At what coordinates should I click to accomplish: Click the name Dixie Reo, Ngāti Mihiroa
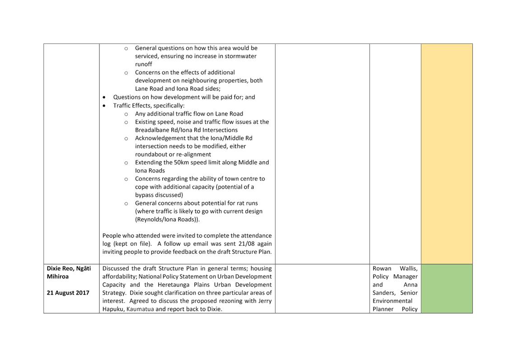(x=69, y=272)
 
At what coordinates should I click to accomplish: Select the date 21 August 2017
(x=68, y=293)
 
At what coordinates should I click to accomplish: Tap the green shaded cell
(x=446, y=288)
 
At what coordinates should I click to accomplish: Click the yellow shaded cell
(x=446, y=154)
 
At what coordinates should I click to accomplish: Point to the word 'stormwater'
(x=241, y=56)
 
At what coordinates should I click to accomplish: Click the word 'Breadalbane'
(x=154, y=130)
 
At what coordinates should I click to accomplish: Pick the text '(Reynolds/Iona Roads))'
(x=167, y=220)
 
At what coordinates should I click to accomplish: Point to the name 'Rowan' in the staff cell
(x=382, y=268)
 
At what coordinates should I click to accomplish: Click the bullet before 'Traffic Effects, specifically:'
(x=105, y=106)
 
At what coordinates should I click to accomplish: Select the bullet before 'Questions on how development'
(x=105, y=98)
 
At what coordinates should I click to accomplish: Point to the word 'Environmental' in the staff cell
(x=392, y=301)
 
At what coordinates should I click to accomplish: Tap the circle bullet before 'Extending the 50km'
(x=126, y=163)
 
